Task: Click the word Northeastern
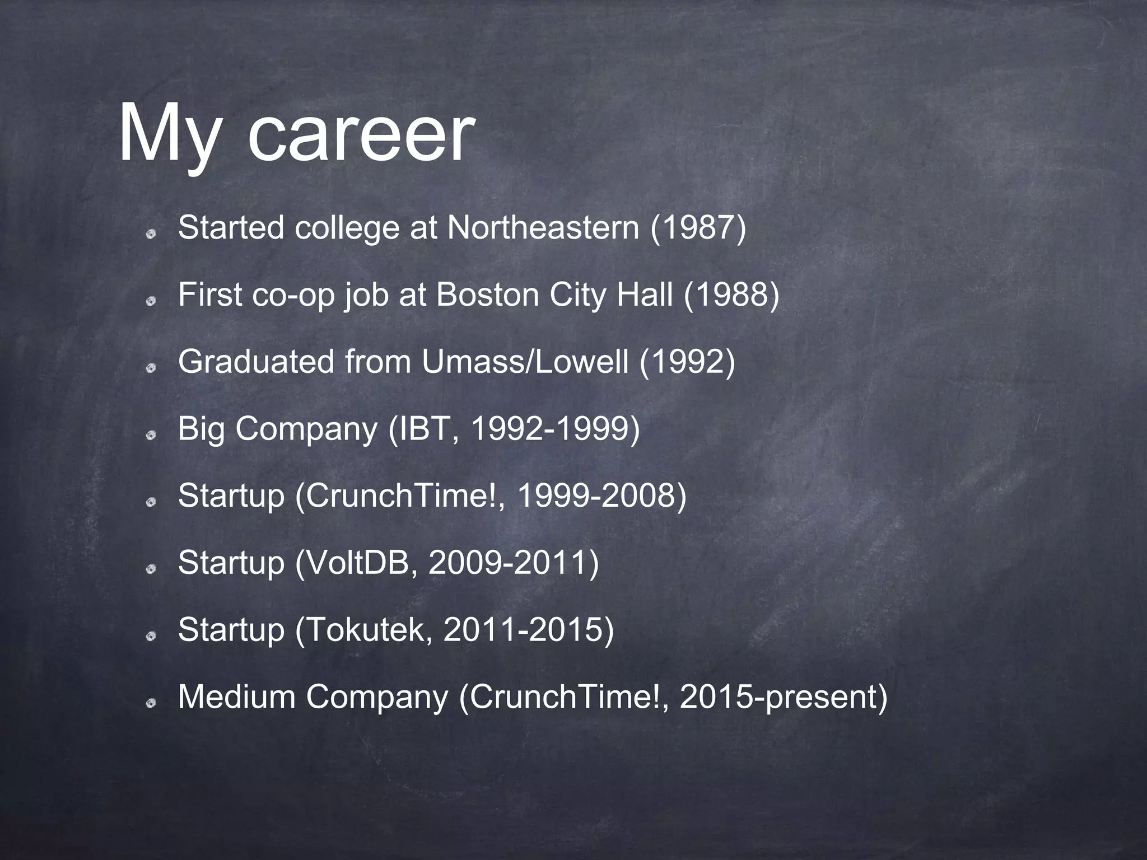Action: pyautogui.click(x=543, y=228)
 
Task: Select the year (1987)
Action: pyautogui.click(x=698, y=228)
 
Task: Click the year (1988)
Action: pyautogui.click(x=731, y=295)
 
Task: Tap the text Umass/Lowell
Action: pyautogui.click(x=525, y=362)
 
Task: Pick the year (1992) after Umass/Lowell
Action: pyautogui.click(x=687, y=362)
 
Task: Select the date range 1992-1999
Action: pyautogui.click(x=549, y=429)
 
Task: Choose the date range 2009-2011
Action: pyautogui.click(x=507, y=563)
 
